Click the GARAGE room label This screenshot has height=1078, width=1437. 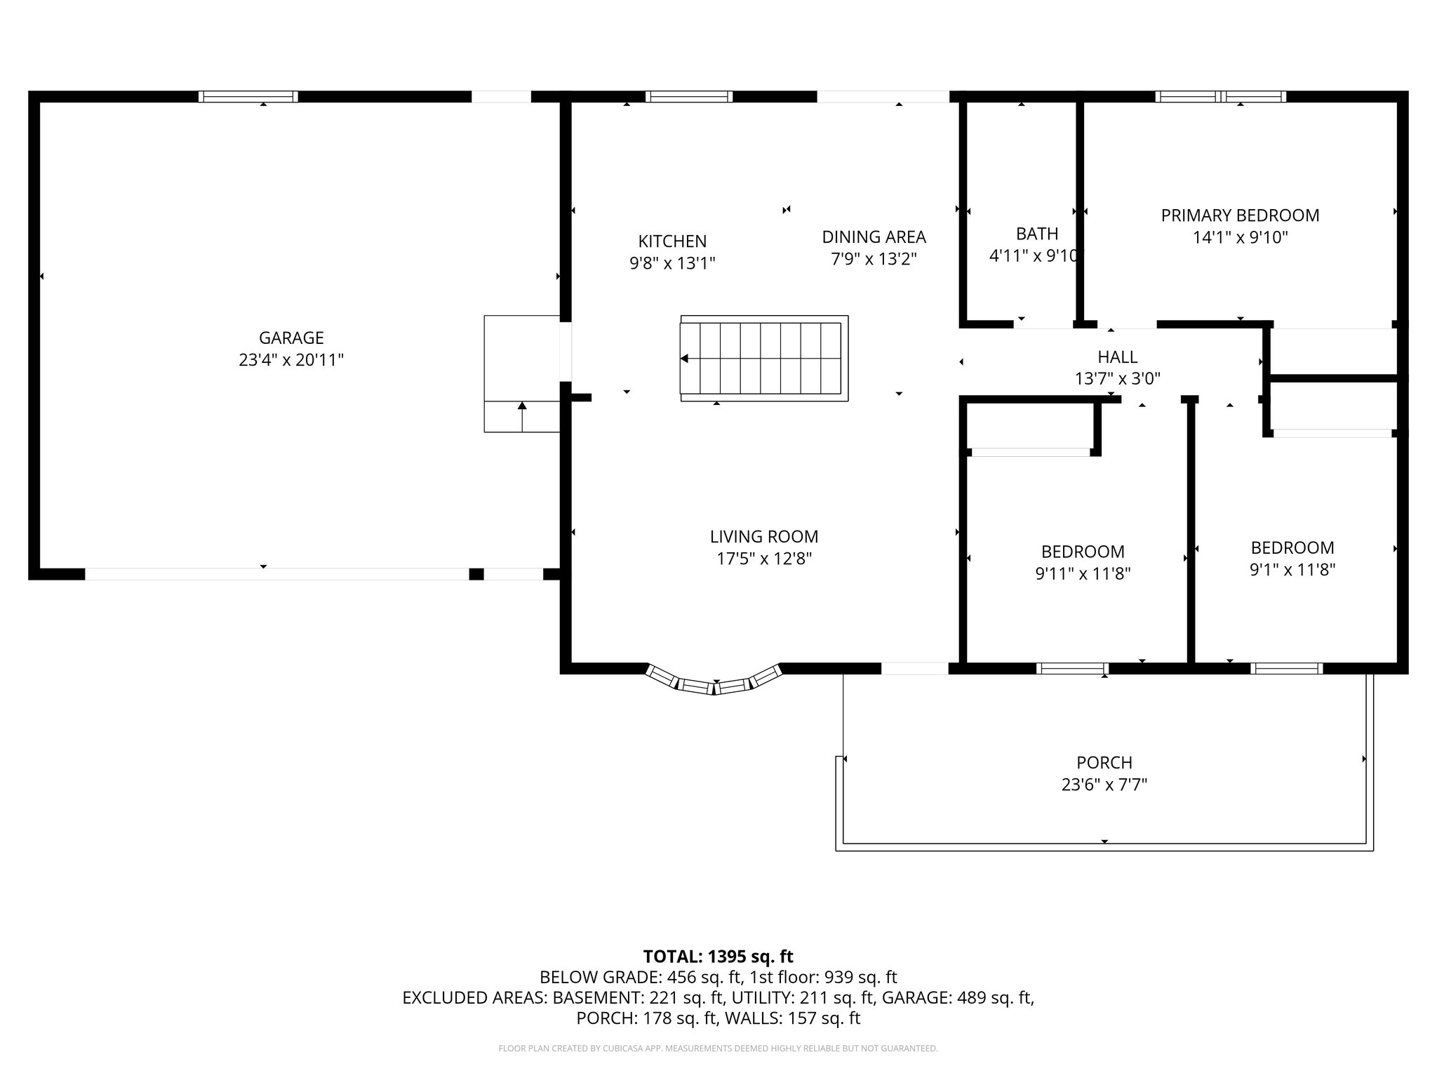pyautogui.click(x=291, y=338)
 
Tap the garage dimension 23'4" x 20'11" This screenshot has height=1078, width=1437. pyautogui.click(x=291, y=360)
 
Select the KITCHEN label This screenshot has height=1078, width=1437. pyautogui.click(x=672, y=241)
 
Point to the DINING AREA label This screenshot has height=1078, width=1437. pyautogui.click(x=874, y=237)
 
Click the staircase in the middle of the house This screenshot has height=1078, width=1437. pyautogui.click(x=763, y=359)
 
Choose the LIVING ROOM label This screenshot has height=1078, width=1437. pyautogui.click(x=763, y=537)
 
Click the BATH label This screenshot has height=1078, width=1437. pyautogui.click(x=1036, y=234)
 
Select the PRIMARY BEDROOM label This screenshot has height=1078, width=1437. pyautogui.click(x=1240, y=215)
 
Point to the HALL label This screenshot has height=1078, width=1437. pyautogui.click(x=1117, y=357)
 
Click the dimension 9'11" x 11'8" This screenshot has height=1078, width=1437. pyautogui.click(x=1083, y=574)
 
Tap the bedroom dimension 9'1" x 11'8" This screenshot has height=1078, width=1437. pyautogui.click(x=1292, y=570)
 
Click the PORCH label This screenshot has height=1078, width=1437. pyautogui.click(x=1104, y=762)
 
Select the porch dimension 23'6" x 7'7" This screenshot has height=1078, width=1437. pyautogui.click(x=1104, y=785)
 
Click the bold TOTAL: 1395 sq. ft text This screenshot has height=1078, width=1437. pyautogui.click(x=718, y=957)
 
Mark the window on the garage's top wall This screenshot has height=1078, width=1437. pyautogui.click(x=248, y=97)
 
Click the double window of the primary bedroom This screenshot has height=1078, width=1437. pyautogui.click(x=1221, y=97)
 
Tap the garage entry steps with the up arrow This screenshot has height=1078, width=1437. pyautogui.click(x=521, y=415)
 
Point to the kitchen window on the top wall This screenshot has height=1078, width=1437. pyautogui.click(x=688, y=97)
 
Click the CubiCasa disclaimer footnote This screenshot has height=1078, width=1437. pyautogui.click(x=718, y=1049)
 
